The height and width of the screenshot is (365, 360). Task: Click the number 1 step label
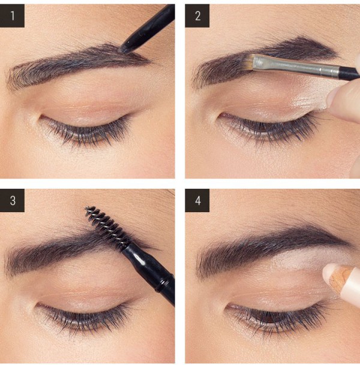[12, 16]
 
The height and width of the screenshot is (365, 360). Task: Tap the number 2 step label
[197, 16]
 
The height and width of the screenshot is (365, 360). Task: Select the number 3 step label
[12, 200]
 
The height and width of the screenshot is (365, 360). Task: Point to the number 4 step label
[197, 200]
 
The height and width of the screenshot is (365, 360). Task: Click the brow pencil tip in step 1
[122, 49]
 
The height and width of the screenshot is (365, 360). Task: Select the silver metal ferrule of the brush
[296, 66]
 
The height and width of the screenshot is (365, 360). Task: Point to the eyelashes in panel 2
[268, 128]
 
